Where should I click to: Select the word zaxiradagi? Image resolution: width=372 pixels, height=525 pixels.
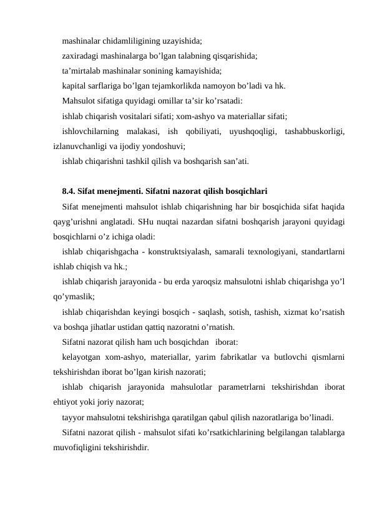pos(81,56)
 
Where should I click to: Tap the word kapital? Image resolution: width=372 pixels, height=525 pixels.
pos(75,85)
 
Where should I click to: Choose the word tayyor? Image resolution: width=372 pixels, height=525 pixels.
pos(74,417)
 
